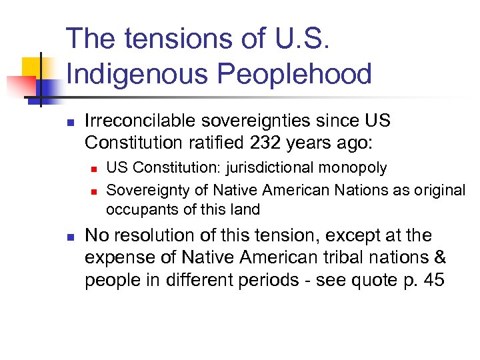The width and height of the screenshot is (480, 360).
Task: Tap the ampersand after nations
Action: pos(441,258)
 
